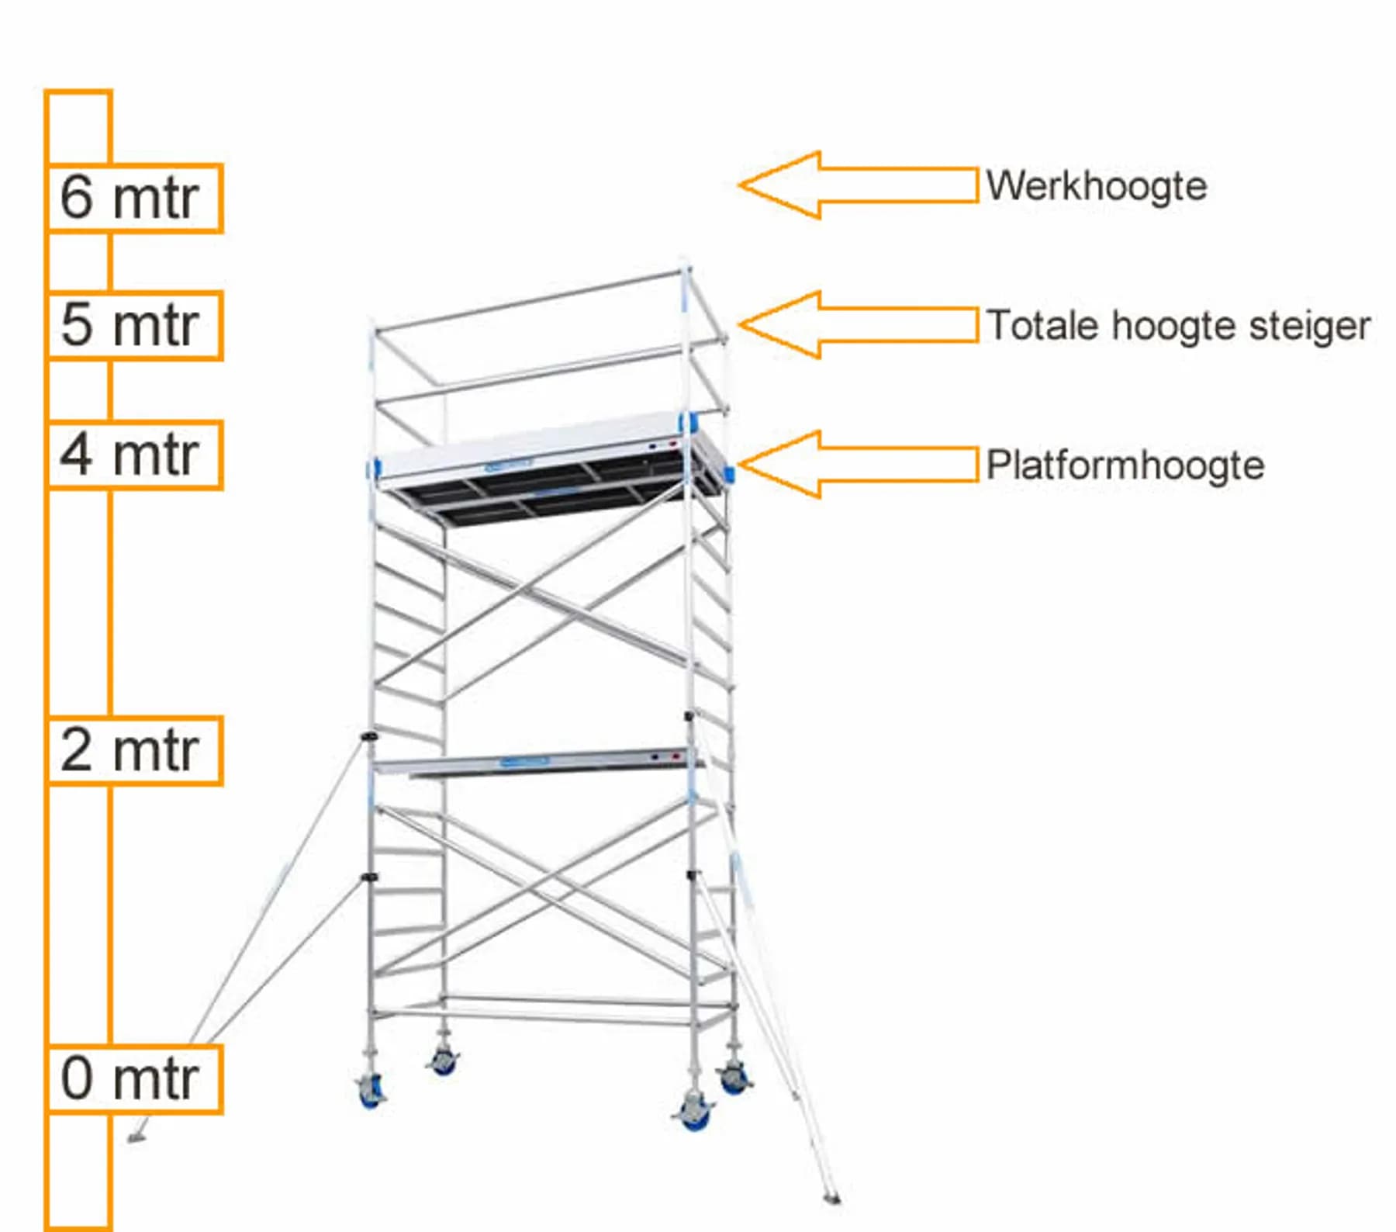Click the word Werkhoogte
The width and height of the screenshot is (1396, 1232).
pos(1097,187)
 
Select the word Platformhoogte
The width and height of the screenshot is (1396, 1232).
pos(1125,465)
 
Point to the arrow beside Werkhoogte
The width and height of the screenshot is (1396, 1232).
pos(858,185)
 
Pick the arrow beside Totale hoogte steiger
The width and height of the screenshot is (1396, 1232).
pos(858,325)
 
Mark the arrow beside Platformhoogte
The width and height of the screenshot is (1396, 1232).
pos(858,465)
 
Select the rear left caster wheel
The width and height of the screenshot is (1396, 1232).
pos(443,1061)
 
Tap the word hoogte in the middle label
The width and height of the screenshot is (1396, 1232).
pos(1176,327)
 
